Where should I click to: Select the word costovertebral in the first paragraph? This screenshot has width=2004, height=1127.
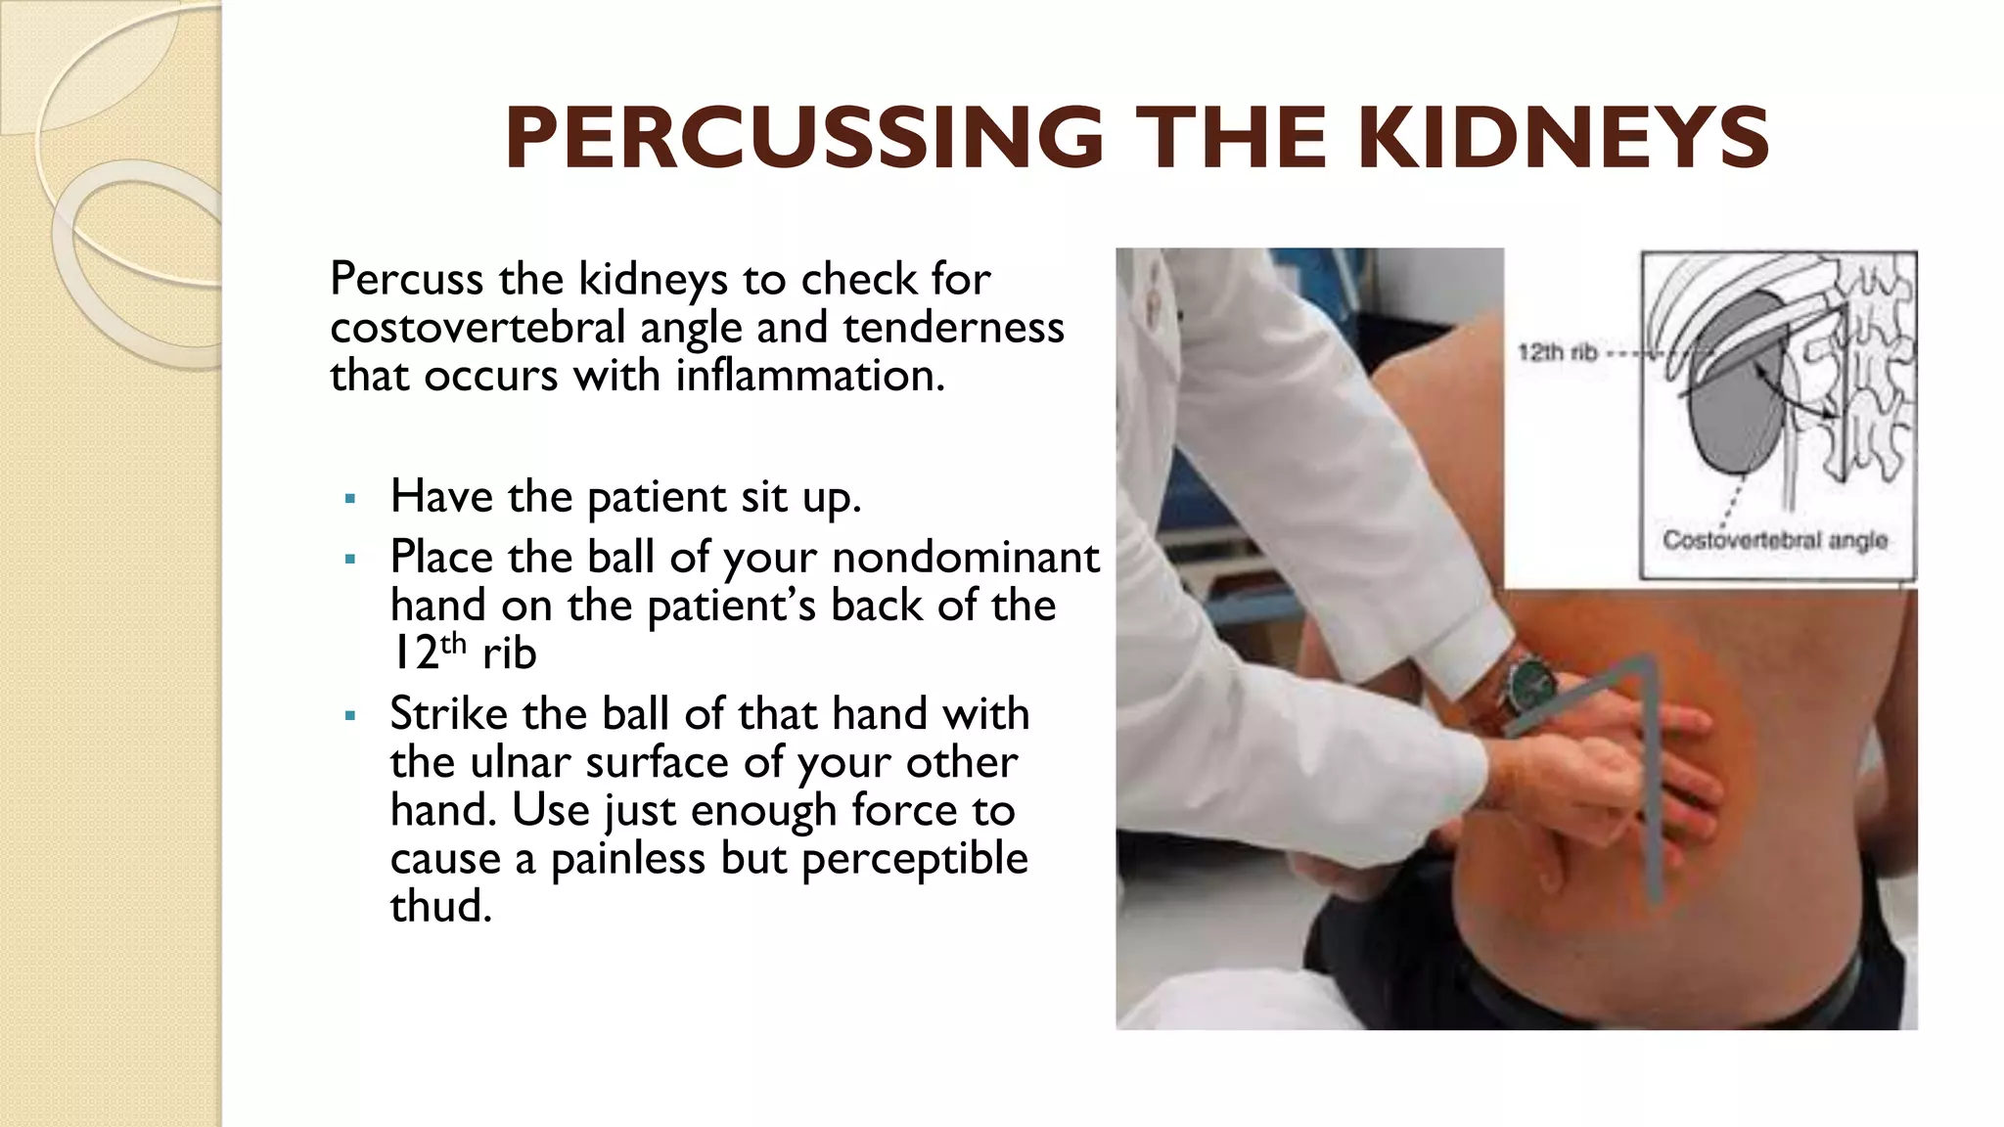(477, 328)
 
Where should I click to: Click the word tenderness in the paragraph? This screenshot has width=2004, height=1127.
(953, 328)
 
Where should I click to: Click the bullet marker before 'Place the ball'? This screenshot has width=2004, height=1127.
(350, 560)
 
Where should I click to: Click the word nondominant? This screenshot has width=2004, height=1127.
(966, 558)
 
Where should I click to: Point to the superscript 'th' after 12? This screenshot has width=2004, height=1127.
(454, 643)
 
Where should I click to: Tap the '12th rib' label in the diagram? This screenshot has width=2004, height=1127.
(1557, 352)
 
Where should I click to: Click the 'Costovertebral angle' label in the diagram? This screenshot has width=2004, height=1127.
(1774, 540)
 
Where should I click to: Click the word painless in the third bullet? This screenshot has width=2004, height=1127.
(628, 858)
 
